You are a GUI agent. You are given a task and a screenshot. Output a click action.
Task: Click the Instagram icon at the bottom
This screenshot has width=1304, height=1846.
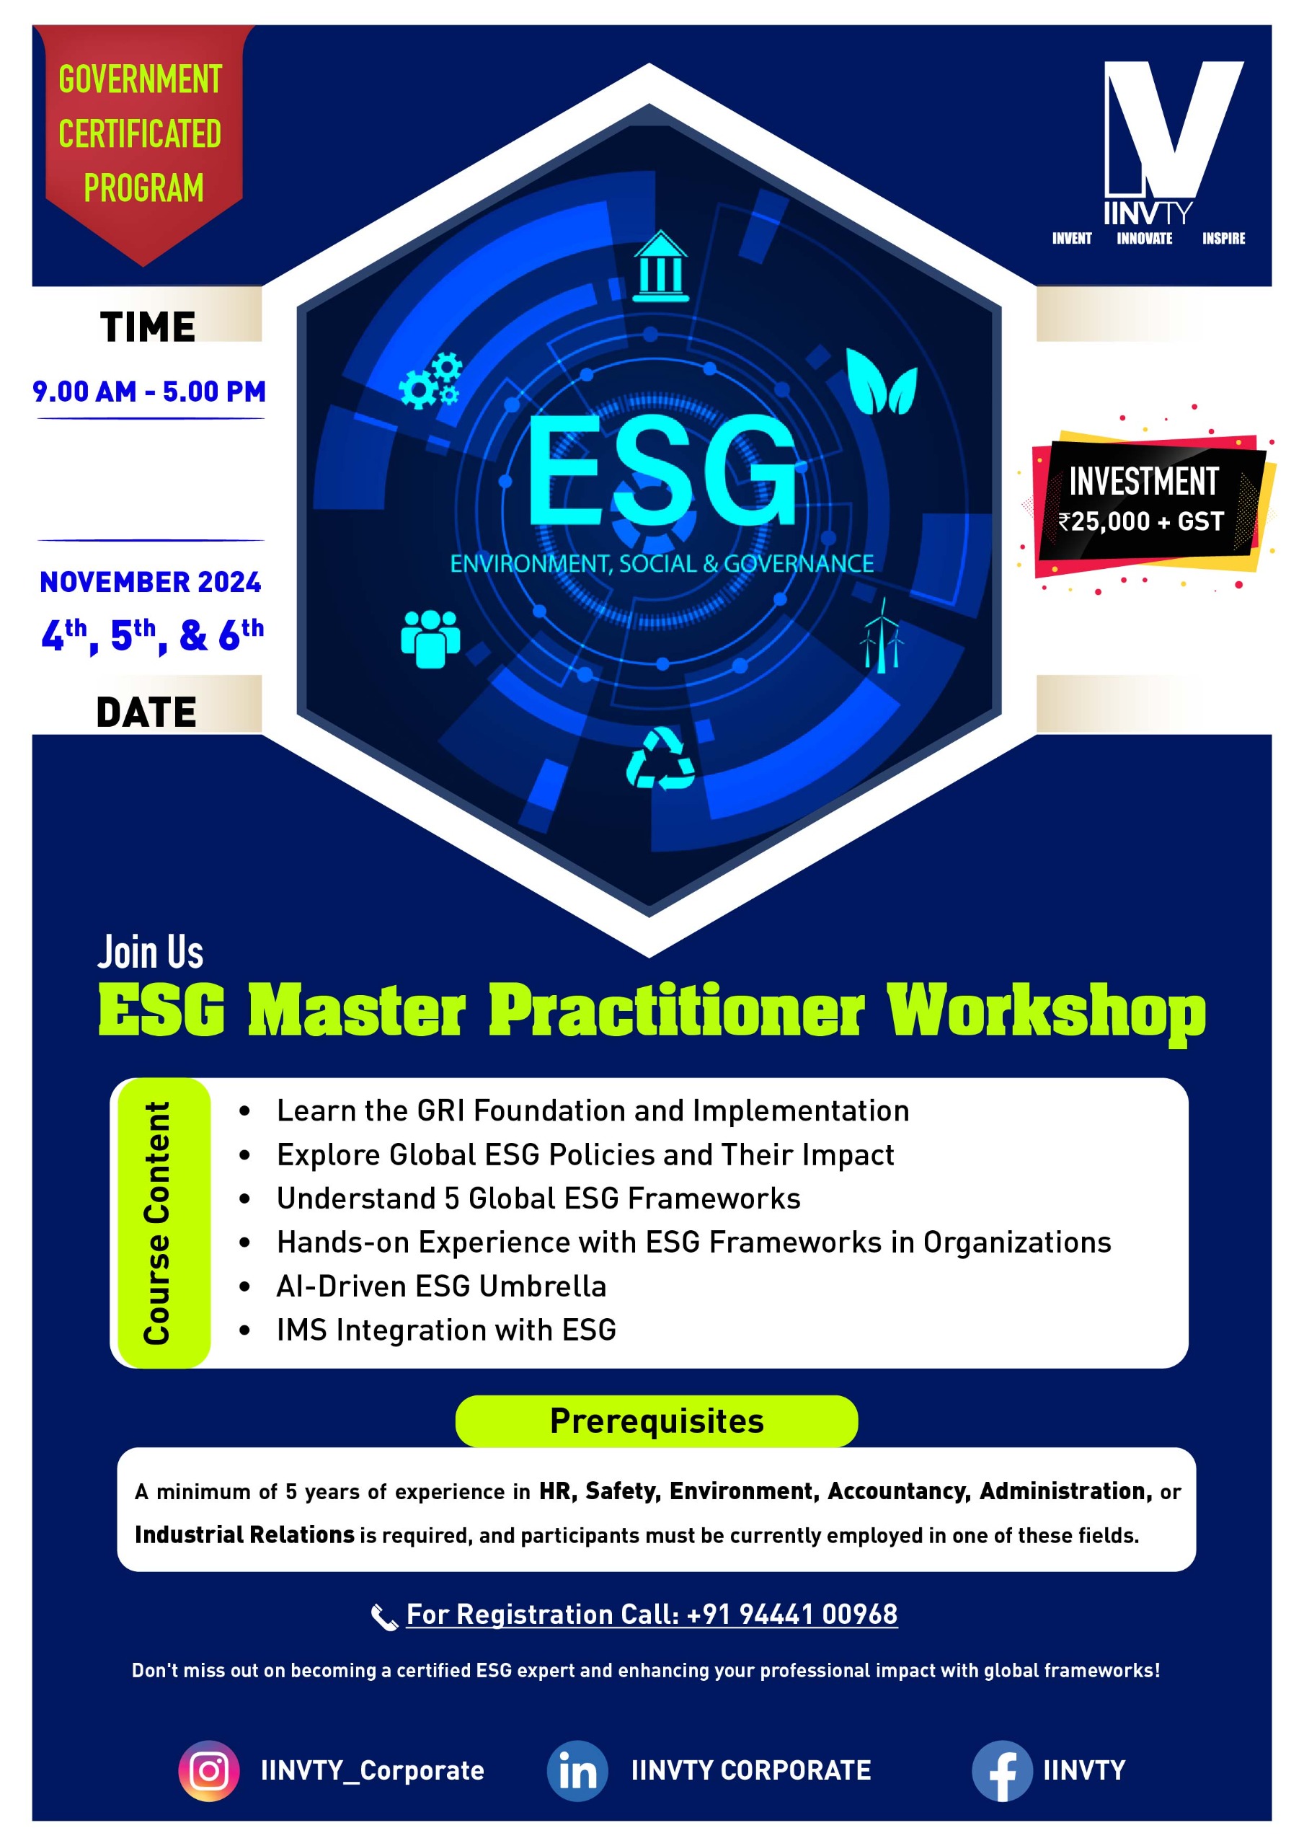point(209,1770)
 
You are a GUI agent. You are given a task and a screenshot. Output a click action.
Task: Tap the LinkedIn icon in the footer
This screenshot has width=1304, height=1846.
point(577,1770)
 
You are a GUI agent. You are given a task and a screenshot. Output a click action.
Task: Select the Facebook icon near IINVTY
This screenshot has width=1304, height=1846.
point(1002,1770)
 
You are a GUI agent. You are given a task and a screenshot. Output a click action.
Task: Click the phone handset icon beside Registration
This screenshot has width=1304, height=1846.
point(384,1616)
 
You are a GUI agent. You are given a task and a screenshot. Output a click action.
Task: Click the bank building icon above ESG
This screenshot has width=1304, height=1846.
point(660,266)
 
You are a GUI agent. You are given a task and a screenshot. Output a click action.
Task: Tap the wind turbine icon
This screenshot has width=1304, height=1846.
point(882,635)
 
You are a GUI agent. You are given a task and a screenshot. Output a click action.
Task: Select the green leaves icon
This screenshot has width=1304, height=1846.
point(882,381)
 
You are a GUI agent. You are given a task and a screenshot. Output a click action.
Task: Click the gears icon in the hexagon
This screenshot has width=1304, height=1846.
point(431,379)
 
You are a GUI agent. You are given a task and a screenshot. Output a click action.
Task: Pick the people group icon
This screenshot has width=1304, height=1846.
point(431,639)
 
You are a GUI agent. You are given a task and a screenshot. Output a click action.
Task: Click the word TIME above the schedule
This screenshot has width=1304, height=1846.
point(148,327)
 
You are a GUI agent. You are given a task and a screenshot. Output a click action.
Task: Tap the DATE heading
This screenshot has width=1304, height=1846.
point(146,712)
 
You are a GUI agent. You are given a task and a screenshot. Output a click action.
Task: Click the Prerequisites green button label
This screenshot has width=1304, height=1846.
point(657,1421)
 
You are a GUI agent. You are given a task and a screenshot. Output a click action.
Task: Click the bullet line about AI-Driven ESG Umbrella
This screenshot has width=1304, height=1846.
point(441,1286)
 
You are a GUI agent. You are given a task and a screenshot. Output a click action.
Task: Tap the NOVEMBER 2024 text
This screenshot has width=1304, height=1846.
point(151,582)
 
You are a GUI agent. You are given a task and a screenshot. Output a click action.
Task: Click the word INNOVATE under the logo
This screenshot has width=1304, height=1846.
point(1144,239)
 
